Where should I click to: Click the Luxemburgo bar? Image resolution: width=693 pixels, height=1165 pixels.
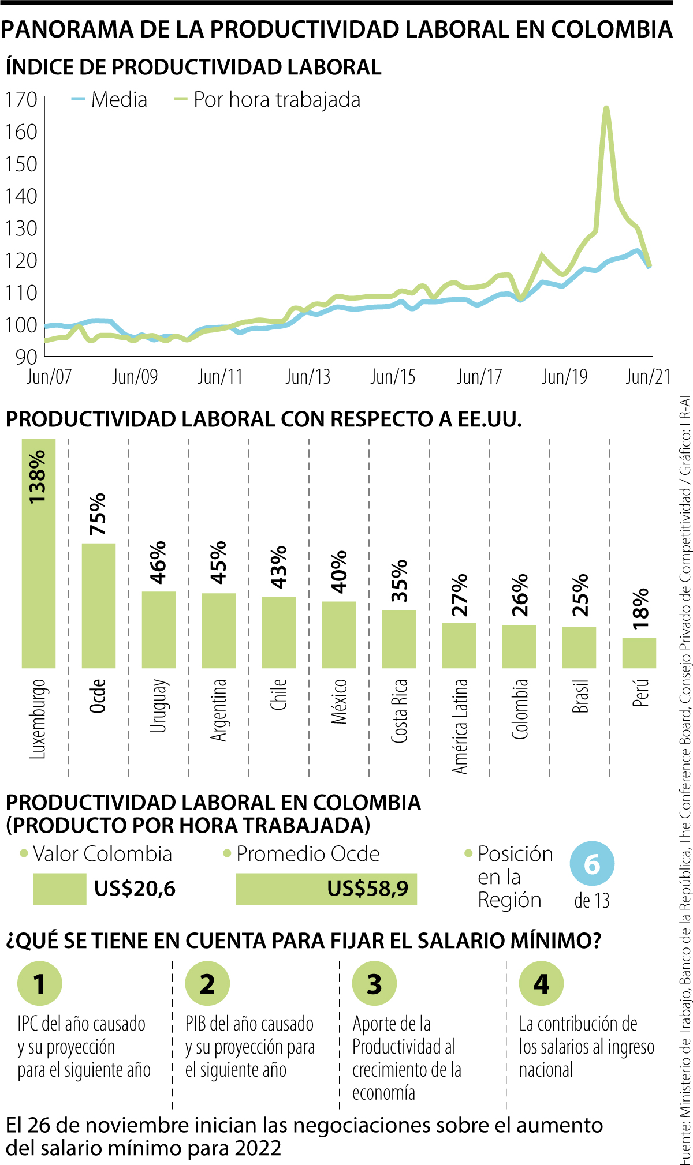(x=39, y=554)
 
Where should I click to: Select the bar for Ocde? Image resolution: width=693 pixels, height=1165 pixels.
(x=99, y=605)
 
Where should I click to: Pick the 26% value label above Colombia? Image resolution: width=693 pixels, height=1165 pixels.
(x=519, y=595)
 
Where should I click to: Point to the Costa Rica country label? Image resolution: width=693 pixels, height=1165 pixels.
(x=399, y=710)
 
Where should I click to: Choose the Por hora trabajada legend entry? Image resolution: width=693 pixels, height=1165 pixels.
(x=267, y=100)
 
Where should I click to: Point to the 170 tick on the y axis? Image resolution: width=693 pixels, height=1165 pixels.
(x=21, y=100)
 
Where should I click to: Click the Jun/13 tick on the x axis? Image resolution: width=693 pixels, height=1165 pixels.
(x=308, y=377)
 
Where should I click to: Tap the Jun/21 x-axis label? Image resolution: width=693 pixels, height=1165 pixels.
(x=648, y=377)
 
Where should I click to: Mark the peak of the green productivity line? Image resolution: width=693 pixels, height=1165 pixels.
(x=606, y=108)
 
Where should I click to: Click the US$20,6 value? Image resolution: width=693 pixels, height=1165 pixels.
(x=135, y=889)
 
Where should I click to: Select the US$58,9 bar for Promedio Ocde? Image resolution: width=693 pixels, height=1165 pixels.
(x=326, y=889)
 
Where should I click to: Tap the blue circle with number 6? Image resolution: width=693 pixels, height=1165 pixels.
(x=592, y=864)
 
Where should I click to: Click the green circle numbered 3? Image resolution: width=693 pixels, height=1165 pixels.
(x=374, y=984)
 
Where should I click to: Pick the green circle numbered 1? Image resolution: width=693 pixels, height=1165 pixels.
(x=39, y=984)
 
